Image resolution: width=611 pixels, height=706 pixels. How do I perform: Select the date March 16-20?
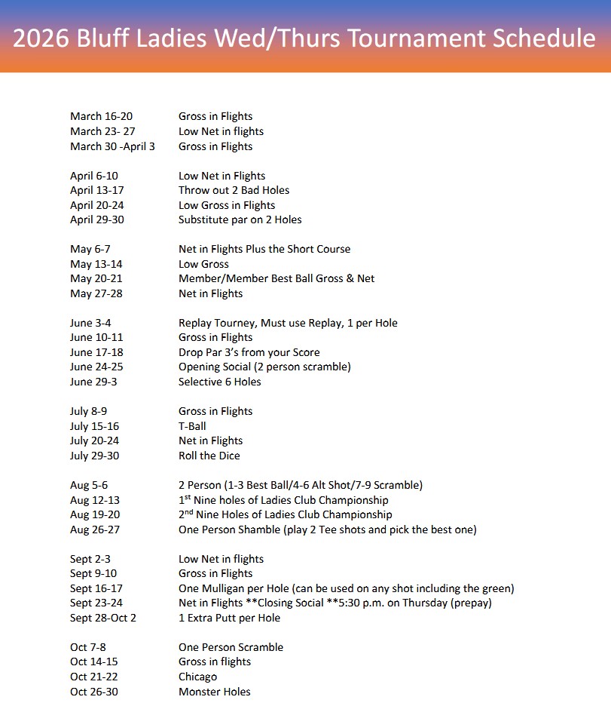[x=101, y=116]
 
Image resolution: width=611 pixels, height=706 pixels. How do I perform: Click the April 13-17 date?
[x=97, y=190]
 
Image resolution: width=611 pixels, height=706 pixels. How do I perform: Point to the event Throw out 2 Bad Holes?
[x=234, y=190]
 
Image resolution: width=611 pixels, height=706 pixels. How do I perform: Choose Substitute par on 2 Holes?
[x=240, y=219]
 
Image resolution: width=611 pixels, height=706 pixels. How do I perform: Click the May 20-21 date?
[x=96, y=278]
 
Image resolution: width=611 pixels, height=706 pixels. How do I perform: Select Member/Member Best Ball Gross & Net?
[x=276, y=278]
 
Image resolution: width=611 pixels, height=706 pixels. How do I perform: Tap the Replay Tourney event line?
[x=288, y=323]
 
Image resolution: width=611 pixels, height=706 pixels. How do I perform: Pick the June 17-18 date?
[x=96, y=352]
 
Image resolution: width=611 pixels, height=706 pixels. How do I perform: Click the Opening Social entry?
[x=264, y=367]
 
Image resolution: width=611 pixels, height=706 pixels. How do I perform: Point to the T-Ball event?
[x=192, y=426]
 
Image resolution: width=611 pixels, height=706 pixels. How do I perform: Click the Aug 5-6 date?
[x=89, y=485]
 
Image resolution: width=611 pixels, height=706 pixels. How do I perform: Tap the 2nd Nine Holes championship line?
[x=285, y=514]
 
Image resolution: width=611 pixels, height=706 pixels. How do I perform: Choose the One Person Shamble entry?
[x=327, y=529]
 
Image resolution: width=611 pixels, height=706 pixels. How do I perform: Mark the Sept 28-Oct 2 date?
[x=103, y=618]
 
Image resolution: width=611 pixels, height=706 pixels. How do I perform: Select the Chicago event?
[x=197, y=677]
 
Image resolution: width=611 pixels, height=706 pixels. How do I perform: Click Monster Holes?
[x=214, y=692]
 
